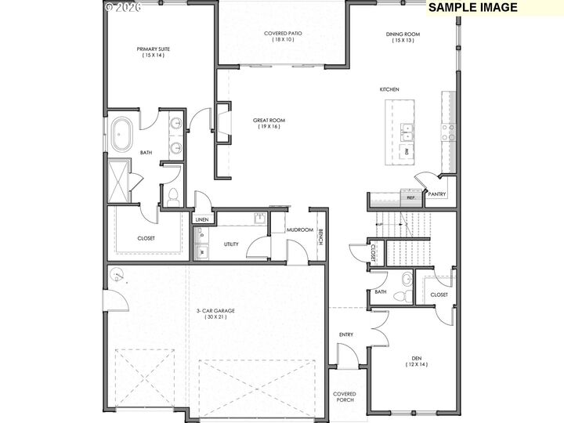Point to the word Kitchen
point(389,89)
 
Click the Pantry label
point(436,193)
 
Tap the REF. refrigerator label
point(410,198)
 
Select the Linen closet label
point(201,220)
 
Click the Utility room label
point(231,244)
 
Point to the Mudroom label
point(300,230)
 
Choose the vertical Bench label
point(320,236)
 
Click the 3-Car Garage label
point(215,313)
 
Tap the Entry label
point(345,334)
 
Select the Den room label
point(417,363)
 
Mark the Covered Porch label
point(345,397)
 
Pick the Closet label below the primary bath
point(146,238)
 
